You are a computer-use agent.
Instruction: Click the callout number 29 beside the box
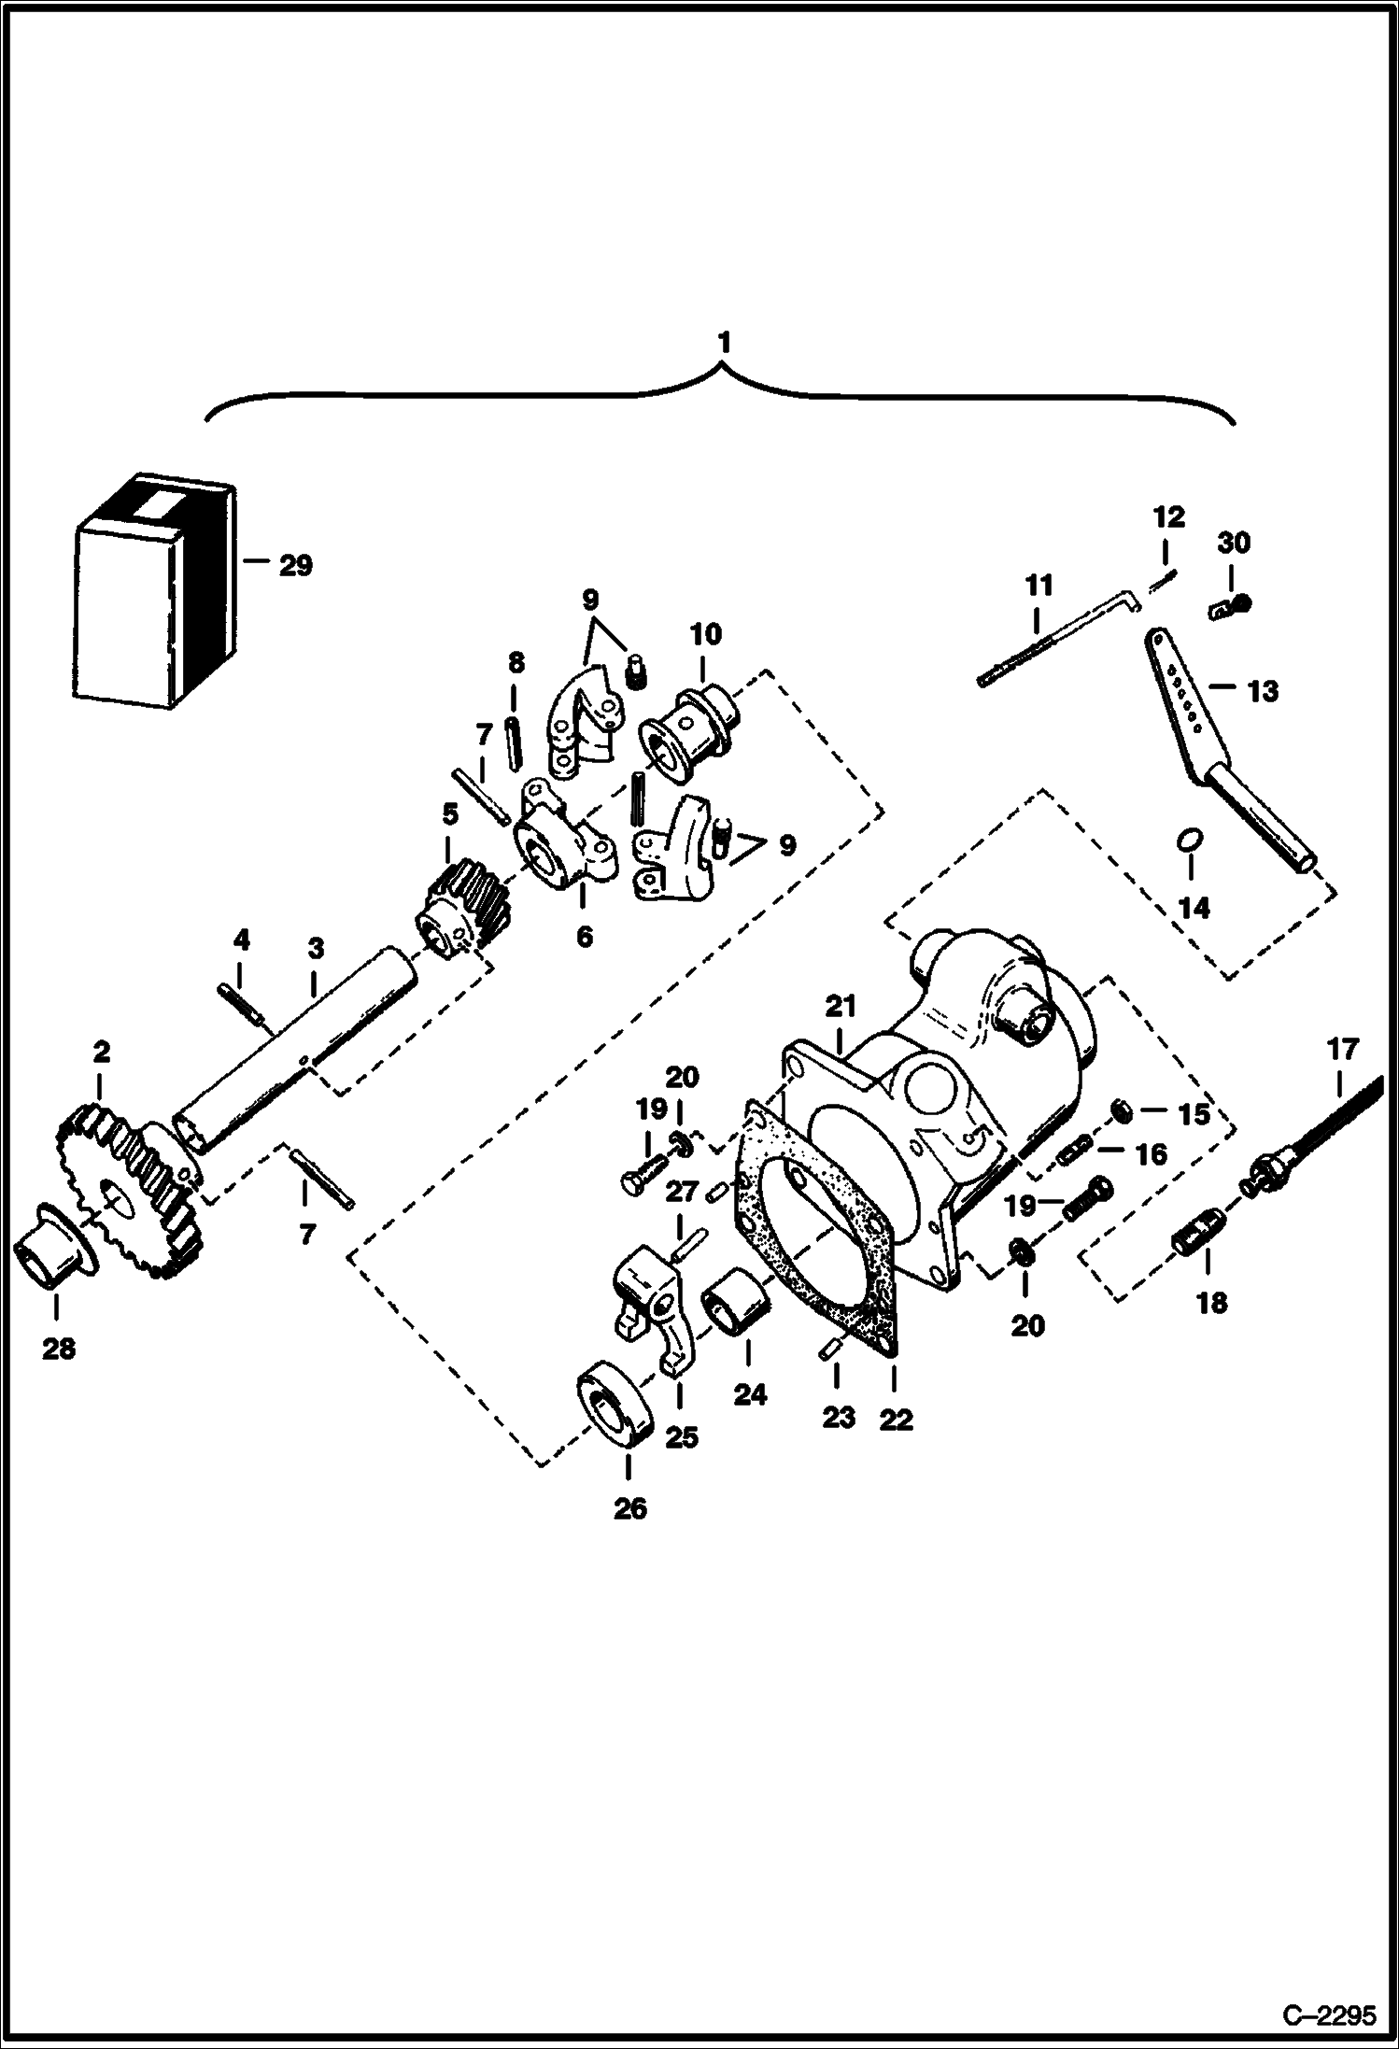295,565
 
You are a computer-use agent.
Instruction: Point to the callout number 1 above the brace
721,344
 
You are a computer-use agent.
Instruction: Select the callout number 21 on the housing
841,1007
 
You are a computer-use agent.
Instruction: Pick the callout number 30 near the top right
1234,543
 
